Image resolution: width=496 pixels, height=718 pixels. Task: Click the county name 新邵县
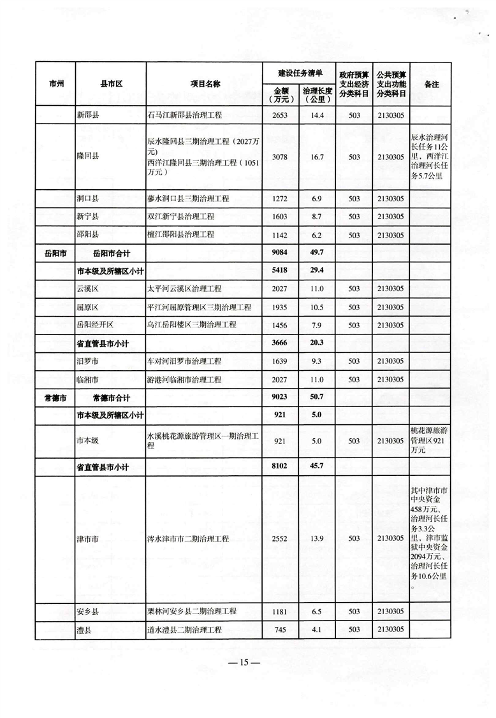tap(89, 115)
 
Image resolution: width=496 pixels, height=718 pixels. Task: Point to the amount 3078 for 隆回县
tap(281, 157)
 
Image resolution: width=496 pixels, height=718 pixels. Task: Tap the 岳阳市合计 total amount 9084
tap(281, 252)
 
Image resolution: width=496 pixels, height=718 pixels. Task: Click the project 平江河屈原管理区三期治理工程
tap(199, 306)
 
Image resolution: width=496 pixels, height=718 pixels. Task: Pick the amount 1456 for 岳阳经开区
tap(281, 324)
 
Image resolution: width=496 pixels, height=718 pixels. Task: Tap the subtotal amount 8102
tap(281, 466)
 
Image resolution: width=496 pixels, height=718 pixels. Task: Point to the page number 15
tap(245, 663)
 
